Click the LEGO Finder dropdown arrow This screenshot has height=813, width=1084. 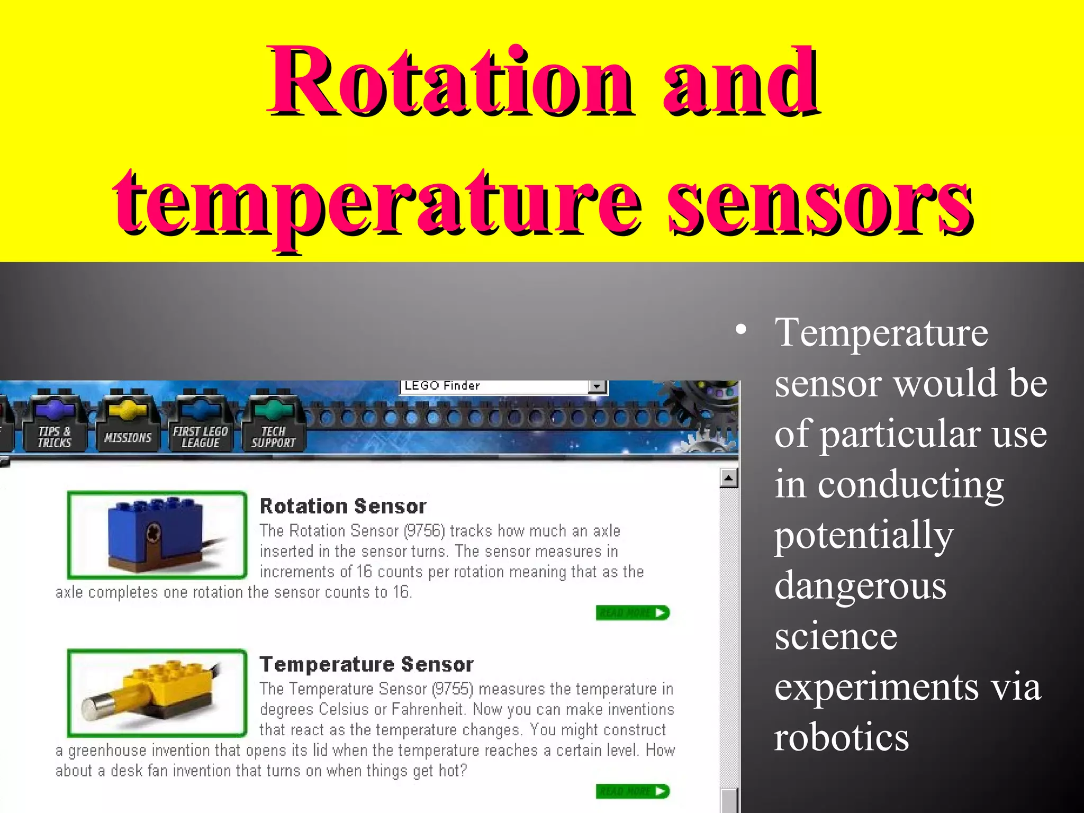tap(597, 386)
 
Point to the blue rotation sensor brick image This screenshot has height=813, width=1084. tap(157, 535)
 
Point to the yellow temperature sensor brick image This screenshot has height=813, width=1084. tap(157, 692)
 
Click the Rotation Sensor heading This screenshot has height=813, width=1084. tap(343, 507)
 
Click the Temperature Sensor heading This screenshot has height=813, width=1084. tap(366, 664)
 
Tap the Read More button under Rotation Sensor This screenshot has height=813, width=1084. tap(633, 613)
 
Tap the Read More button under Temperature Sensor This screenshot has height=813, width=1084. tap(633, 791)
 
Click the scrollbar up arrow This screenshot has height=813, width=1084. tap(729, 478)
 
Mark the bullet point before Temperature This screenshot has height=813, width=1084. tap(741, 330)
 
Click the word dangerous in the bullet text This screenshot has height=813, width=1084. tap(860, 586)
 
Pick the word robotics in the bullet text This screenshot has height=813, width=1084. tap(842, 737)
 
